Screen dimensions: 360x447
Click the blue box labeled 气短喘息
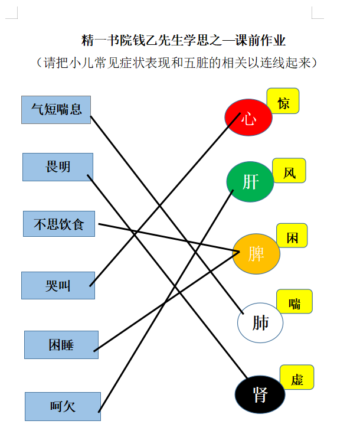[56, 110]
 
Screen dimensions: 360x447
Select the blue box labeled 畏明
[58, 167]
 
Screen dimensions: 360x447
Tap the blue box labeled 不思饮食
[59, 224]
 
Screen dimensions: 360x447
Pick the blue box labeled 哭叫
[58, 285]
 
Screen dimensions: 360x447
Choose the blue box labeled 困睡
[61, 345]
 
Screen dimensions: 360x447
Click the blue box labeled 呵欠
[63, 406]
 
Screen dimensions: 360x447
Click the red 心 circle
[248, 117]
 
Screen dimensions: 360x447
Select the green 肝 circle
[250, 182]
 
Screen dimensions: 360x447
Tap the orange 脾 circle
[256, 254]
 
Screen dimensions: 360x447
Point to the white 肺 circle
[260, 322]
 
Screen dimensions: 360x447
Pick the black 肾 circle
[260, 394]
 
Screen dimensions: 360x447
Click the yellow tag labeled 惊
[283, 101]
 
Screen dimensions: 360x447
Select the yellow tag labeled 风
[289, 171]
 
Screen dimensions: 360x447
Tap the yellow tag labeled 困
[292, 236]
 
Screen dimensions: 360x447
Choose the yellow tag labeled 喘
[294, 301]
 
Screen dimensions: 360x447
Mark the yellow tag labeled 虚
[297, 377]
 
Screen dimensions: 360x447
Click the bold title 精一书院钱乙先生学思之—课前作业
[184, 40]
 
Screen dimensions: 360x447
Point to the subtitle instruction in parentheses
[176, 63]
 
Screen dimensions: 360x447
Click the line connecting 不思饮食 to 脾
[169, 238]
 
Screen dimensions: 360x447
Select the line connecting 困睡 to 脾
[166, 301]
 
